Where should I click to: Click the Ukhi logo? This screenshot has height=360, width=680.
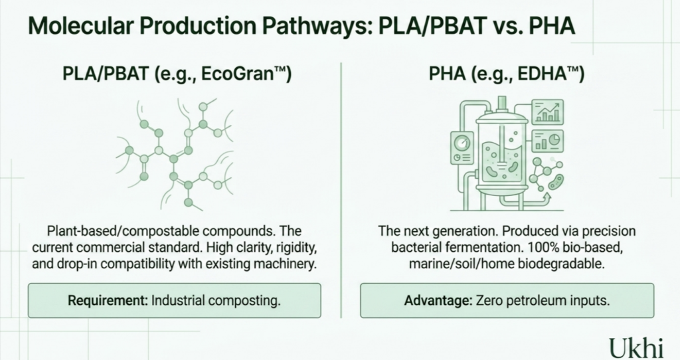click(636, 347)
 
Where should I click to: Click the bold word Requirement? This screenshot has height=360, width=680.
click(108, 300)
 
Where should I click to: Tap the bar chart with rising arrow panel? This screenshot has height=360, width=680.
click(548, 112)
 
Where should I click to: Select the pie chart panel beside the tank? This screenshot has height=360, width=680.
click(548, 141)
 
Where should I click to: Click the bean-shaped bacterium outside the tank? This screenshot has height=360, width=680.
click(556, 182)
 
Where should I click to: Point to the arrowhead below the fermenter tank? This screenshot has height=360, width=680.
click(547, 197)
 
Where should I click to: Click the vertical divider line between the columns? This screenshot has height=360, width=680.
click(341, 191)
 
